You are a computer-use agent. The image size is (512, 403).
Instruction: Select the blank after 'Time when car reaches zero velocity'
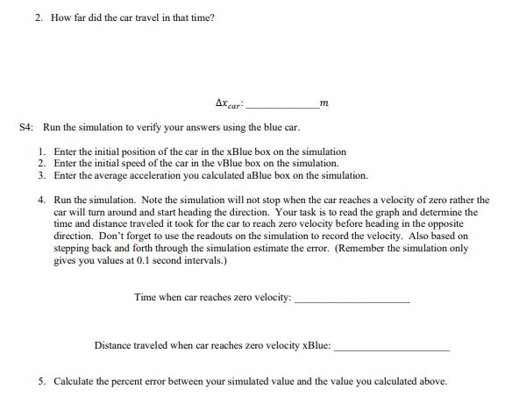pyautogui.click(x=352, y=299)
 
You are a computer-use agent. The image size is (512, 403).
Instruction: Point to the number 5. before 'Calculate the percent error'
pyautogui.click(x=43, y=382)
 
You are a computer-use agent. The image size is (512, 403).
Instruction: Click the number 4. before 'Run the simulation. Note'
pyautogui.click(x=43, y=200)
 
